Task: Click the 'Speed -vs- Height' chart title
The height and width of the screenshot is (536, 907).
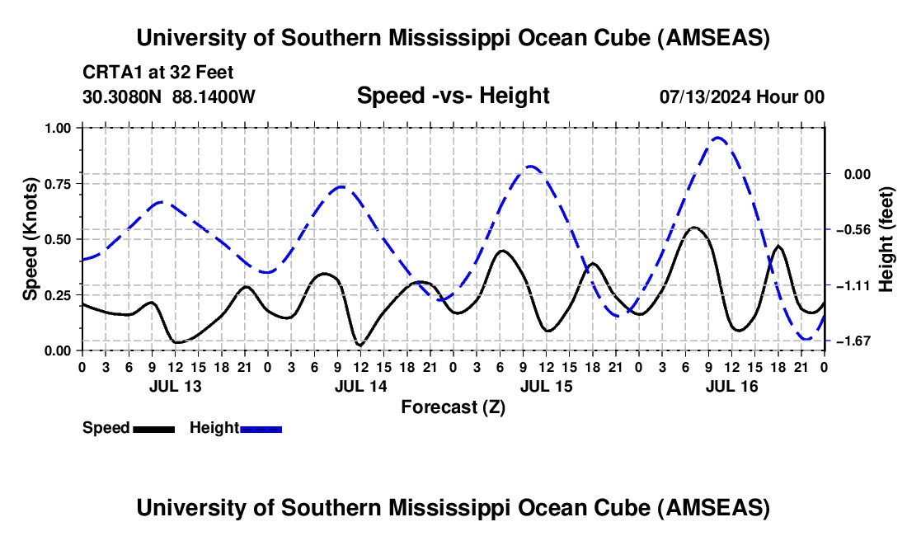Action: (x=453, y=96)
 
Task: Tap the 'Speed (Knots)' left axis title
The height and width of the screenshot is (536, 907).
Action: (x=31, y=239)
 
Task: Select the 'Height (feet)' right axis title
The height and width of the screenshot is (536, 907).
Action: (x=886, y=238)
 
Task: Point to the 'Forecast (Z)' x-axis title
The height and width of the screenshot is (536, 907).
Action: (x=453, y=407)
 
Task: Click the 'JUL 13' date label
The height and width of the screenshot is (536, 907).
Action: (x=174, y=386)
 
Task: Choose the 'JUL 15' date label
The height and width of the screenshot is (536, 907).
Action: (x=545, y=386)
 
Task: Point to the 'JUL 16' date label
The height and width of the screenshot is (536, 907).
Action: (x=731, y=386)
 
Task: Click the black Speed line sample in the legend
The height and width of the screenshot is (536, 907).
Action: (x=153, y=429)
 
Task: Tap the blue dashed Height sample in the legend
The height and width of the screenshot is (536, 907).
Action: (x=261, y=429)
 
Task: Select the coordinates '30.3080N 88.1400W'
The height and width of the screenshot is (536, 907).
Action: (x=169, y=96)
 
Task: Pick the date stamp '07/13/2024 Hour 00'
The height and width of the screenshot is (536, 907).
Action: (x=741, y=96)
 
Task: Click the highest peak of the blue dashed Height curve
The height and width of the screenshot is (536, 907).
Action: (x=717, y=138)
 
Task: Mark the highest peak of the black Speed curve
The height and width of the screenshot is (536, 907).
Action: (x=694, y=227)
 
